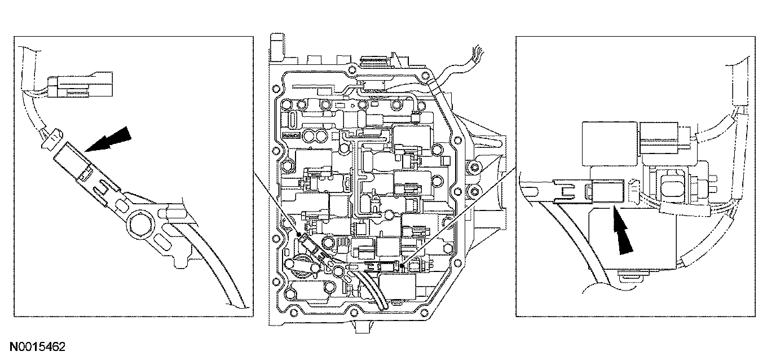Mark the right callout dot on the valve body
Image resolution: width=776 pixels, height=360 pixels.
tap(402, 265)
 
